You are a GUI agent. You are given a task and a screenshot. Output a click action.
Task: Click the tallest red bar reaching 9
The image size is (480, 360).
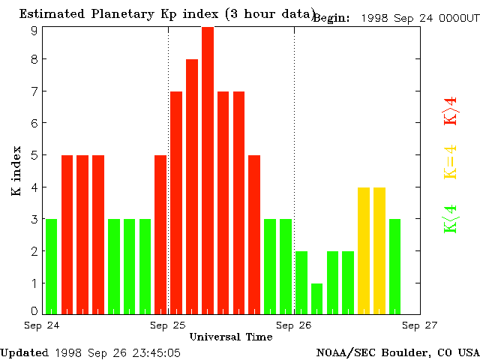tap(208, 169)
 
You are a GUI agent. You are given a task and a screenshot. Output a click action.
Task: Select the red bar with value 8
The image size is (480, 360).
tap(192, 186)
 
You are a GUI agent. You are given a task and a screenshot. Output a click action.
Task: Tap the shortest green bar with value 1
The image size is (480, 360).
tap(316, 298)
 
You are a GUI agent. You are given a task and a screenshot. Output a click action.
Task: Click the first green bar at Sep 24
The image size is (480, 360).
tap(51, 266)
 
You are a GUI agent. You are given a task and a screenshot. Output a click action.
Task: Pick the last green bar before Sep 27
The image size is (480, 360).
tap(394, 266)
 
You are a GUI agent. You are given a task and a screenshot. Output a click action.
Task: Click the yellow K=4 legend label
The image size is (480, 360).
tap(451, 162)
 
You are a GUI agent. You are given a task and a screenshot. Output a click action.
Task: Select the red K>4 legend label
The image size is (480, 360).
tap(451, 110)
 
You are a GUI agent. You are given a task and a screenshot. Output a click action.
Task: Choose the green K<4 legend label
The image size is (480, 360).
tap(451, 218)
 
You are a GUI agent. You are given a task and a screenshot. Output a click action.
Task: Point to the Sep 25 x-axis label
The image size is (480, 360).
tap(168, 325)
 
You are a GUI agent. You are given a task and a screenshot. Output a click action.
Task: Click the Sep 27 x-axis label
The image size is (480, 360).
tap(419, 325)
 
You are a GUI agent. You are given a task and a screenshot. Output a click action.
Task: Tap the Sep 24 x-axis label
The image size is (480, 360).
tap(42, 325)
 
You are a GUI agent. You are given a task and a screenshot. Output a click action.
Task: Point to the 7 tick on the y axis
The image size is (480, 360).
tap(34, 91)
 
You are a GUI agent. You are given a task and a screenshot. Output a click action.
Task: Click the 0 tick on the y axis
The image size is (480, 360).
tap(34, 310)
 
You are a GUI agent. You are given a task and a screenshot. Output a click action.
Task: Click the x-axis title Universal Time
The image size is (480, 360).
tap(230, 337)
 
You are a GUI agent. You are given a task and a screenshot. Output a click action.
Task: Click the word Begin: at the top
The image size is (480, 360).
tap(331, 18)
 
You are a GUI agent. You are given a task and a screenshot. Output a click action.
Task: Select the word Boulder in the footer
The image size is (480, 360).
tap(404, 352)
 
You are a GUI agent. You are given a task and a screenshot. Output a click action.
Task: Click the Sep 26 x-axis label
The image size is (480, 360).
tap(294, 325)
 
